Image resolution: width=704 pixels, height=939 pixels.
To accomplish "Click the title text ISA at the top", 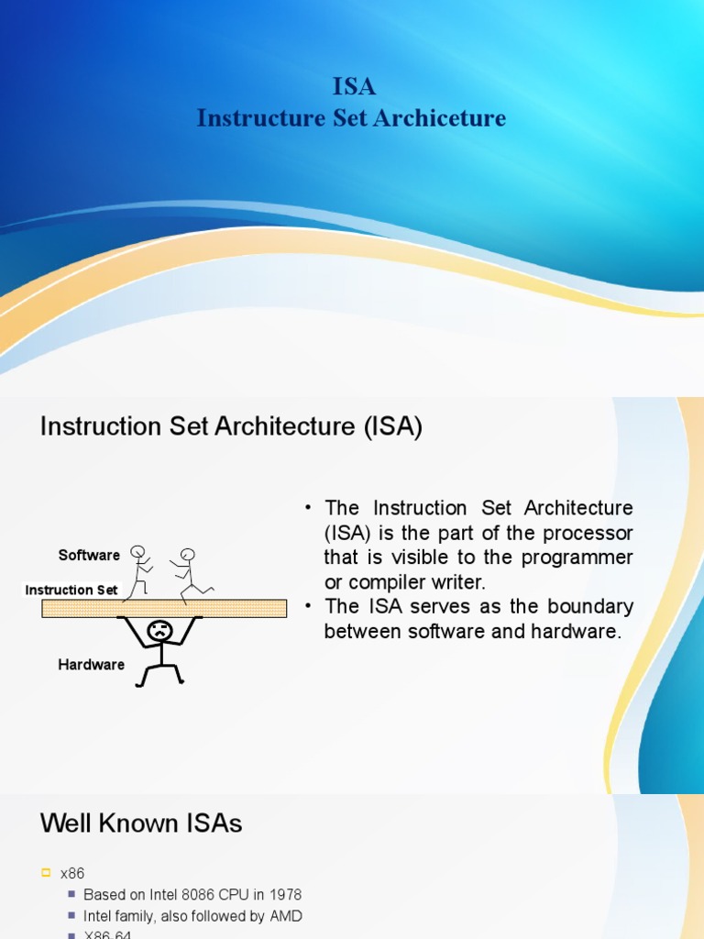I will click(x=353, y=87).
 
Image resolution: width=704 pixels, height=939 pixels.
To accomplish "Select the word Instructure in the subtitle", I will click(x=248, y=118).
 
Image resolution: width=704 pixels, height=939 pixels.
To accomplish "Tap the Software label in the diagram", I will click(x=89, y=555).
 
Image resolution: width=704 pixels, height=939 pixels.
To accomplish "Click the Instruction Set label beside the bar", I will click(x=71, y=590).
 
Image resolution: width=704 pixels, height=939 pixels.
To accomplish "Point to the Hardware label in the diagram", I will click(x=91, y=665).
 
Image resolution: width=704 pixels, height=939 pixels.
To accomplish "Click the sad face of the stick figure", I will click(x=160, y=631).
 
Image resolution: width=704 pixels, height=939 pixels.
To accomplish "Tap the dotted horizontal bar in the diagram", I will click(x=165, y=608).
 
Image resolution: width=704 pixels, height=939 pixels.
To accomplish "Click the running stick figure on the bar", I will click(x=189, y=576).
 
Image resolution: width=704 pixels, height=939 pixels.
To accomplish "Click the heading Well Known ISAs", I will click(x=141, y=823).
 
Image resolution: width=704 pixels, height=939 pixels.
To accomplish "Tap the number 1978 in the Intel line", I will click(x=283, y=894).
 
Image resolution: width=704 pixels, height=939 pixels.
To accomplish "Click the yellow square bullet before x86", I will click(x=46, y=874).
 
